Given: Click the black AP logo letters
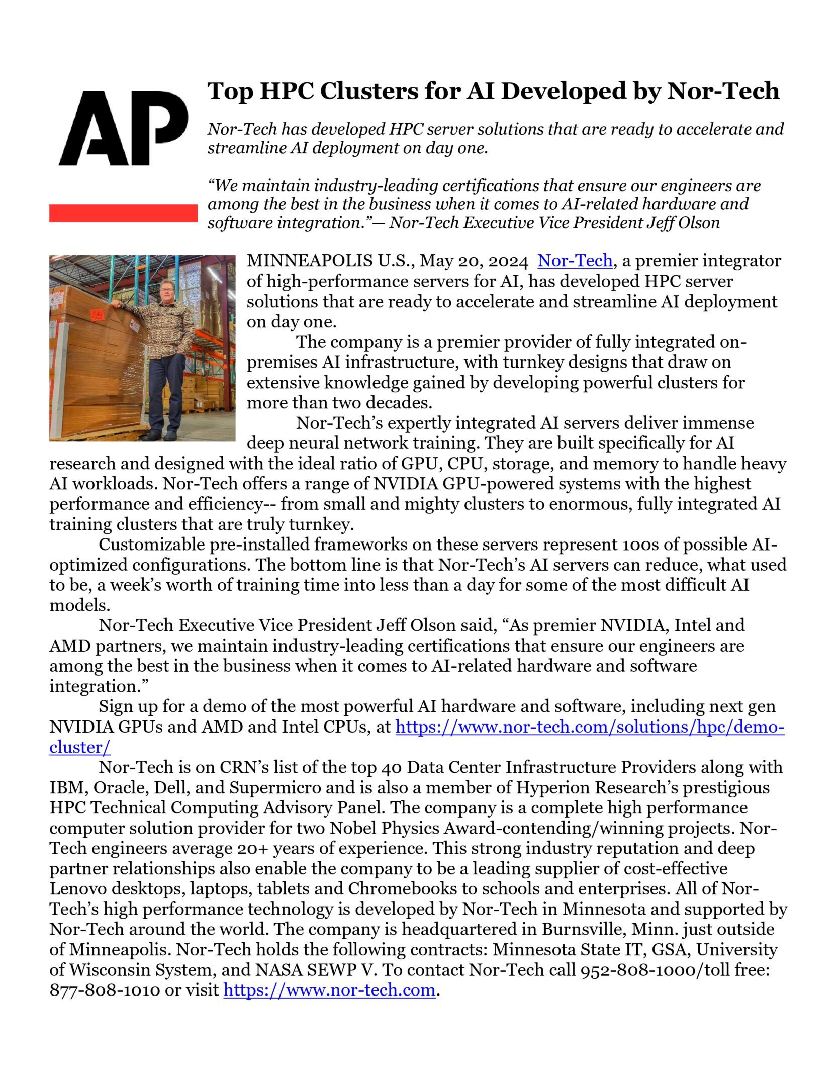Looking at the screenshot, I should pos(123,128).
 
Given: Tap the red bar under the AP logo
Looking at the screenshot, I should pos(123,213).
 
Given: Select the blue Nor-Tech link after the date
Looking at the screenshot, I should pos(575,261).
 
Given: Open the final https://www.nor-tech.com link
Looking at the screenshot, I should pos(329,990).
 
